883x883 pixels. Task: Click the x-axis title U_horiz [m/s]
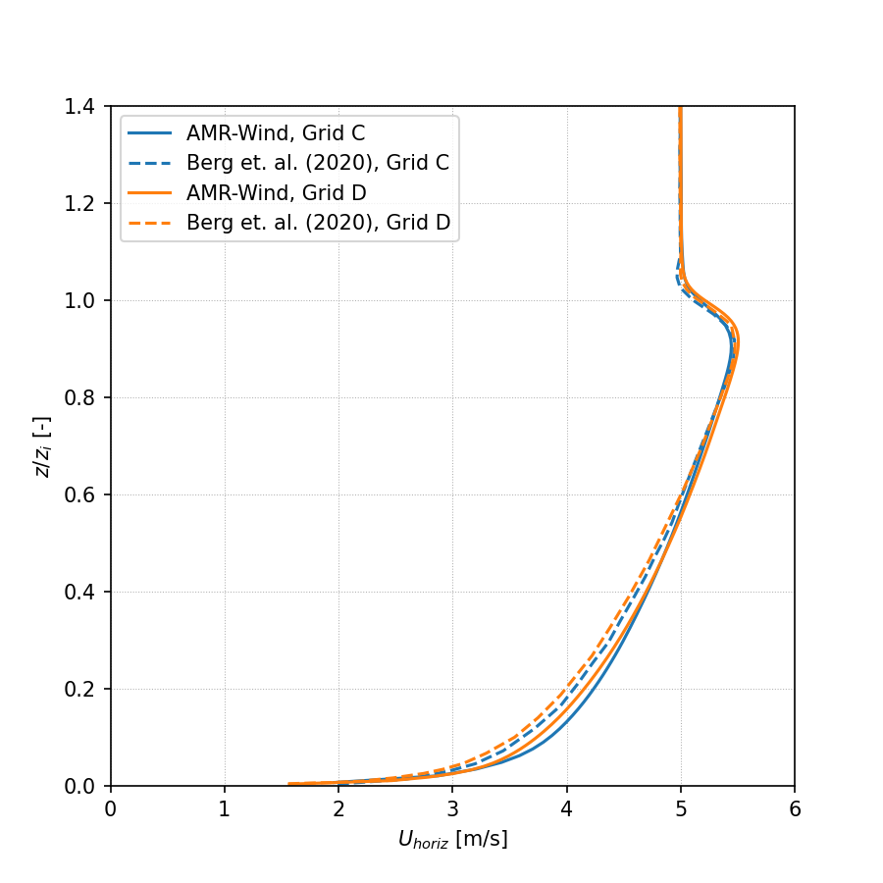pos(452,840)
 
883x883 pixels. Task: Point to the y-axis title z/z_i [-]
pos(42,446)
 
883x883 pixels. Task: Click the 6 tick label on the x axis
pos(795,809)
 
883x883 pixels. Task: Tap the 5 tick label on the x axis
pos(681,809)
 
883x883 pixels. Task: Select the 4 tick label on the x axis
pos(567,809)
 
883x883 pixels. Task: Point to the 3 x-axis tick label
pos(452,809)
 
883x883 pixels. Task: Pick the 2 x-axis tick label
pos(338,809)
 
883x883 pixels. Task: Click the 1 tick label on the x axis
pos(225,809)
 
